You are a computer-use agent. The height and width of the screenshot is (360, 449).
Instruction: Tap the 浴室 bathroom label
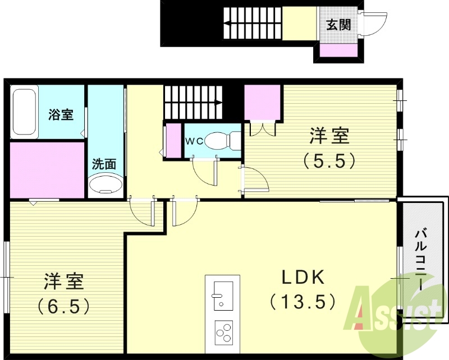click(61, 115)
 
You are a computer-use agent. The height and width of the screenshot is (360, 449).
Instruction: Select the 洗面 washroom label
click(104, 164)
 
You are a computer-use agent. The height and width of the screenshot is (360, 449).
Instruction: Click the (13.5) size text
click(303, 302)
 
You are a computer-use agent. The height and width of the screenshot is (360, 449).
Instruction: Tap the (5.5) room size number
click(329, 161)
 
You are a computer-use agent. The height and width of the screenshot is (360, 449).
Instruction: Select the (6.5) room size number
click(65, 306)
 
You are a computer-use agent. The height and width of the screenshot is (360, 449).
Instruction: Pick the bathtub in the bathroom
click(24, 112)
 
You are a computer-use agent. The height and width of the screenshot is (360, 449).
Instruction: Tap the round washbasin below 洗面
click(105, 184)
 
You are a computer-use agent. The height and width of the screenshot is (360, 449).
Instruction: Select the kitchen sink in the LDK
click(223, 294)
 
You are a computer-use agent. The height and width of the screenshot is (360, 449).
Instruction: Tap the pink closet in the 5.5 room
click(263, 101)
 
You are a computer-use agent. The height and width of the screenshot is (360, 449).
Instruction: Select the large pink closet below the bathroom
click(47, 169)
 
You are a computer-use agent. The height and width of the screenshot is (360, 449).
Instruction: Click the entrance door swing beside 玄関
click(374, 24)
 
